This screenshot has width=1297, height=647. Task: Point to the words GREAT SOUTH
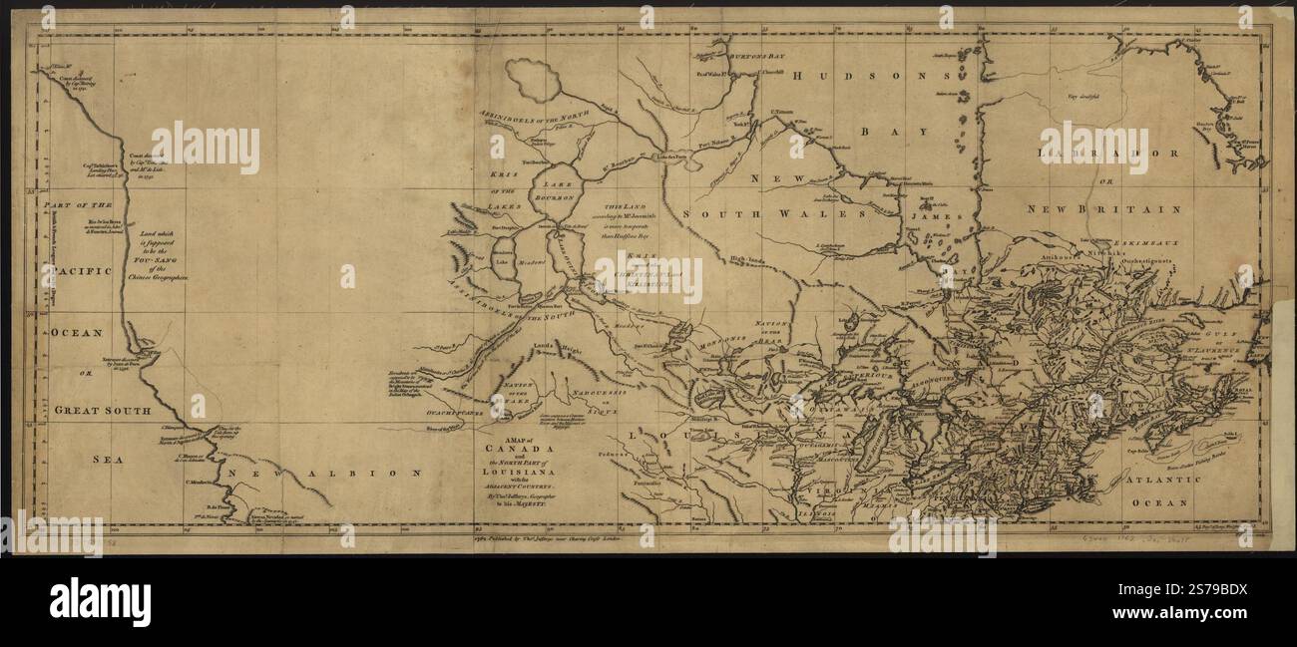tap(103, 410)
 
